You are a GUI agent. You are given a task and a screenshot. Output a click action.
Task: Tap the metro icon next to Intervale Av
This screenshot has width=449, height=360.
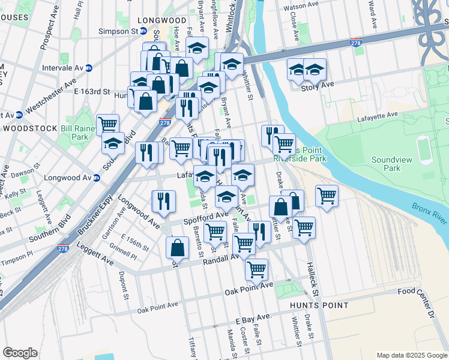88,68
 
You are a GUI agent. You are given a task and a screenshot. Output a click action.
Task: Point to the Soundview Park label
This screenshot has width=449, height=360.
394,164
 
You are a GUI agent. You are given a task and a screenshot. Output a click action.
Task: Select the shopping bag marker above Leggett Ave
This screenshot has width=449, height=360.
178,247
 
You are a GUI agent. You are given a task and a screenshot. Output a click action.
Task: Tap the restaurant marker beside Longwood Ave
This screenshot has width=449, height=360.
163,201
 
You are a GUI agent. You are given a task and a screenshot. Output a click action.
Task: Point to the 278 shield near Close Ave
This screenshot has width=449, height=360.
356,43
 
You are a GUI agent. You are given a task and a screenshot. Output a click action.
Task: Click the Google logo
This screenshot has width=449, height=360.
20,352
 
